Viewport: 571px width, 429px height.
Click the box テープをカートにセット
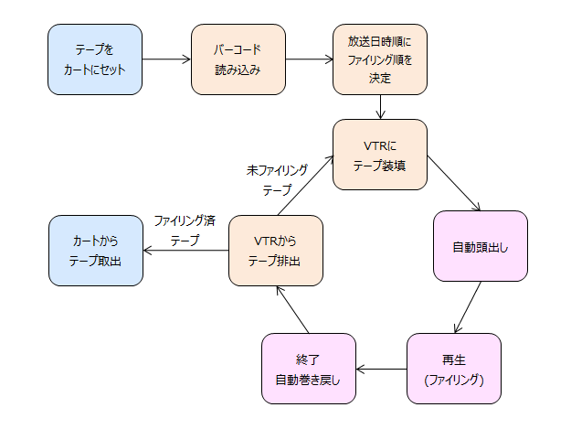95,59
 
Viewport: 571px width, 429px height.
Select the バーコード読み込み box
238,59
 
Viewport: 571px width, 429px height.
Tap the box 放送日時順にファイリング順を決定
380,59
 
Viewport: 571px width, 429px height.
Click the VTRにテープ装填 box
380,155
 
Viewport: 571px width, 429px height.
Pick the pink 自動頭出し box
481,246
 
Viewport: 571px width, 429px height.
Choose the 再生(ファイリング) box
455,369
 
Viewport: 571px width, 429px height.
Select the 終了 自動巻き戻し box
308,369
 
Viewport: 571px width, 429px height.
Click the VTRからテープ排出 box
275,251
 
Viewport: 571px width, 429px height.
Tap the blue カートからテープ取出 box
95,251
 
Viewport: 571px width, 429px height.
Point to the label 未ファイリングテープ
277,180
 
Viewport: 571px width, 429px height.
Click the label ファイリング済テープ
185,230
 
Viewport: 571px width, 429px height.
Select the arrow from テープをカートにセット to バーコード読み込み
166,59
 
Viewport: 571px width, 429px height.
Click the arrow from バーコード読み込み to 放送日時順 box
309,59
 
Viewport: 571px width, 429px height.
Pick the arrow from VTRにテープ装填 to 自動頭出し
455,183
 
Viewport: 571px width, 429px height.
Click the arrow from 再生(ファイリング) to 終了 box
381,369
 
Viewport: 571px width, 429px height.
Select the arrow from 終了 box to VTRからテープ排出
294,308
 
